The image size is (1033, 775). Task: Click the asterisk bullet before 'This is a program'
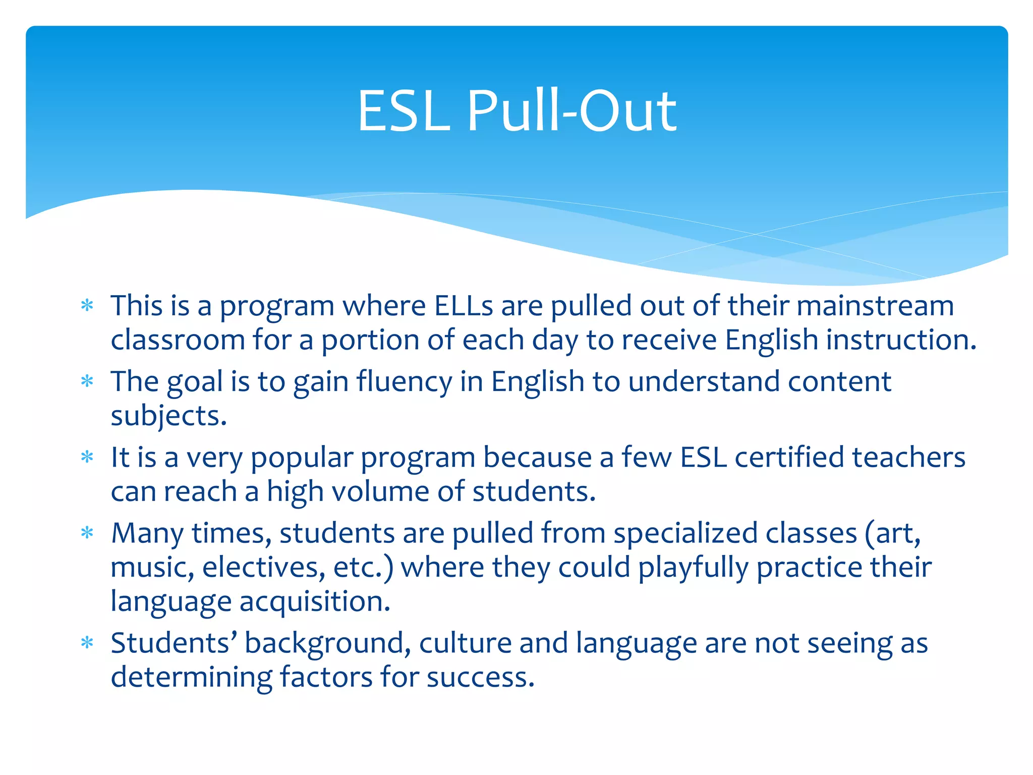87,306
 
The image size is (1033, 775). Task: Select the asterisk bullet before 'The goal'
87,381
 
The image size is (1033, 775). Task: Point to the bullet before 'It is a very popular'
87,457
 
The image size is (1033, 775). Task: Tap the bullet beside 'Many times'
87,533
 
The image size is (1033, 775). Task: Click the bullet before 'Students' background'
87,643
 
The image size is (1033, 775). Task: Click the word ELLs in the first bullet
464,306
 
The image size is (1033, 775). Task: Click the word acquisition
315,601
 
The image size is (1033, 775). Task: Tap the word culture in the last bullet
465,643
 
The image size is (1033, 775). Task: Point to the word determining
191,677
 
